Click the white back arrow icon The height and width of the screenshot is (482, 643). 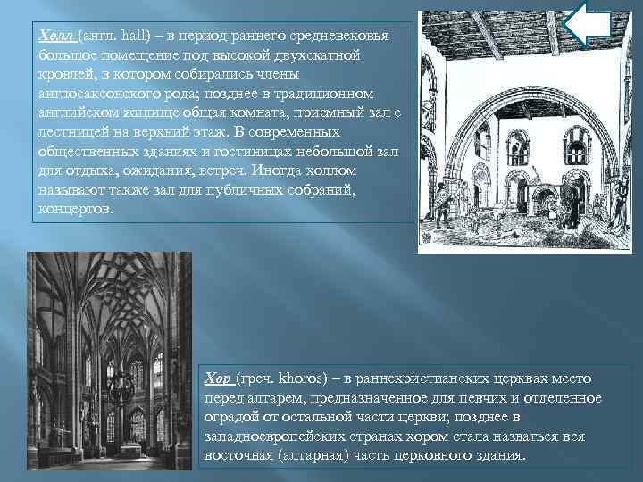[x=589, y=24]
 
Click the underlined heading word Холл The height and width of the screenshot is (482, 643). [x=55, y=34]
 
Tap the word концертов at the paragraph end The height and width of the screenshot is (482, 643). [x=75, y=210]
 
